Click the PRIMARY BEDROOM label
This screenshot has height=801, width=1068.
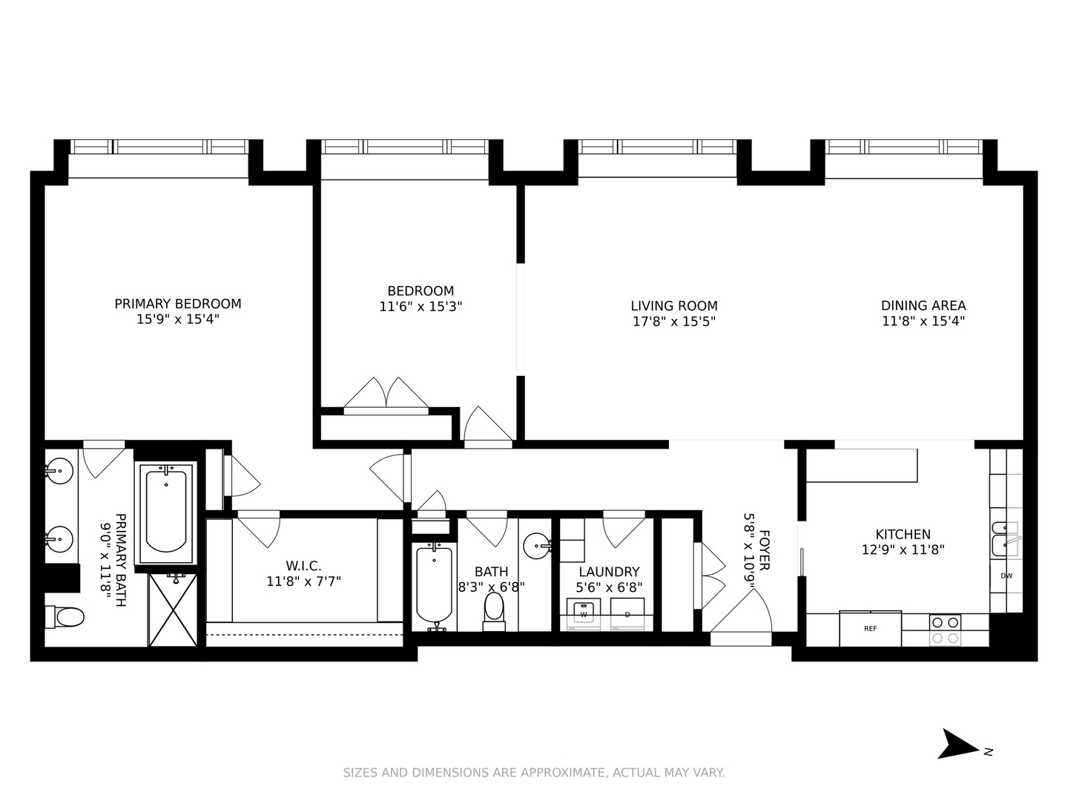[177, 303]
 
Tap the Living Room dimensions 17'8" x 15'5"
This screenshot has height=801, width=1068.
[673, 321]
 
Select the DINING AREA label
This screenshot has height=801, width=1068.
[923, 305]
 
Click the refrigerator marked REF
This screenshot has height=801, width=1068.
[870, 628]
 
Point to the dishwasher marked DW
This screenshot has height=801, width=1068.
[1006, 576]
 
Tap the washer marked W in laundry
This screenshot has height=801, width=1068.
[584, 614]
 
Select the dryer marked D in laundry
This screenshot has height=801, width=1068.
[627, 614]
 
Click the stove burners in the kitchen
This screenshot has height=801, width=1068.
[945, 630]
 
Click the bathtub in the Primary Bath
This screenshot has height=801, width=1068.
[166, 510]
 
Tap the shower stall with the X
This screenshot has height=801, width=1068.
[173, 610]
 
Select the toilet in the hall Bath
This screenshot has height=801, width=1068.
[493, 610]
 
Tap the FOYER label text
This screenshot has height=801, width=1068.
[765, 550]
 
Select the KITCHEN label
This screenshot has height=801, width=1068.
[903, 534]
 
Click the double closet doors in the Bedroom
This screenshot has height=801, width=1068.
[386, 394]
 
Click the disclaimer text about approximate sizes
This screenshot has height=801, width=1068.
[533, 773]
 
